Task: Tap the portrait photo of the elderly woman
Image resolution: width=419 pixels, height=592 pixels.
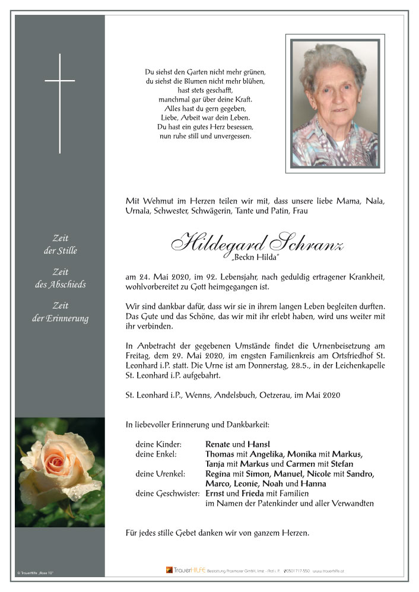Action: coord(334,103)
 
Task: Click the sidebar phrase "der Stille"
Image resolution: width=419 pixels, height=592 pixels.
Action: coord(60,250)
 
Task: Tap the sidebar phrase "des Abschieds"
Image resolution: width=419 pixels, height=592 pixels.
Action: coord(60,284)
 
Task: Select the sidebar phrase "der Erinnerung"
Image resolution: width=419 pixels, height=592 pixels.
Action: coord(60,319)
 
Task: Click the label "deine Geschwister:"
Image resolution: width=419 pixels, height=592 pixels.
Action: coord(168,494)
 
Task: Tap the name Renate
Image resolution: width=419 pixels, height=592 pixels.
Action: coord(218,444)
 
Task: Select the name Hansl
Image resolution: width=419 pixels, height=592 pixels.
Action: coord(259,444)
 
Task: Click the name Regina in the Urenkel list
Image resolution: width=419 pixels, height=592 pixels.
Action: coord(218,473)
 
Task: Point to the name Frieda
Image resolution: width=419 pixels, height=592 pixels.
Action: coord(252,494)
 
